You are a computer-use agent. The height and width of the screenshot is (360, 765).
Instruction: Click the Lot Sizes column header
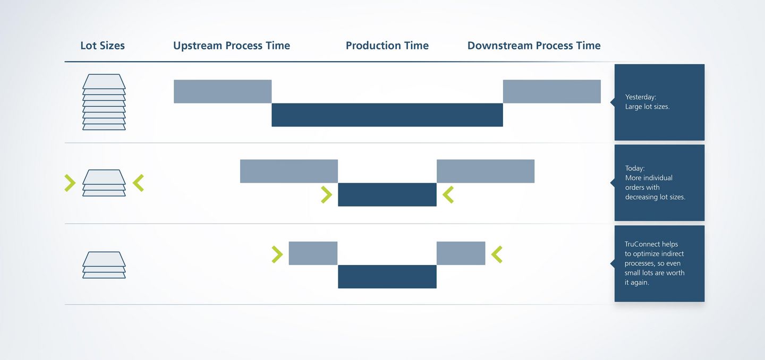pyautogui.click(x=103, y=45)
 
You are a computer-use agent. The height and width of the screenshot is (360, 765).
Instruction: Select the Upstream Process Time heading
pyautogui.click(x=232, y=45)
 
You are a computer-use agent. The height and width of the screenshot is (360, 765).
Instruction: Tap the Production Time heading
pyautogui.click(x=387, y=45)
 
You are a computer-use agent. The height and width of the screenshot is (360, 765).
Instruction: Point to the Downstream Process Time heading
pyautogui.click(x=534, y=45)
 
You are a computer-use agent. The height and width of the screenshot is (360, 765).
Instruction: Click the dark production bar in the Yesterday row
pyautogui.click(x=387, y=115)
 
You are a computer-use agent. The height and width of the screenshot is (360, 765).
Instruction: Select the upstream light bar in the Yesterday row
pyautogui.click(x=223, y=91)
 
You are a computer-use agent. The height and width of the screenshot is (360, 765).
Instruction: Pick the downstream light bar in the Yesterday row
pyautogui.click(x=552, y=91)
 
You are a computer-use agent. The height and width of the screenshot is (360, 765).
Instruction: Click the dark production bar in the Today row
pyautogui.click(x=387, y=194)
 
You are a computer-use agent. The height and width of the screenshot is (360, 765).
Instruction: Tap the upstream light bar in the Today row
pyautogui.click(x=289, y=171)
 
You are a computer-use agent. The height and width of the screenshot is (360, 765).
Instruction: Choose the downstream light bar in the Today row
pyautogui.click(x=486, y=171)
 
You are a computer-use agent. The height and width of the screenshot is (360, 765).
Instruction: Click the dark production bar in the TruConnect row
pyautogui.click(x=387, y=277)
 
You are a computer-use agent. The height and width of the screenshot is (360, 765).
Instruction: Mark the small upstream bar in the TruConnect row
pyautogui.click(x=313, y=253)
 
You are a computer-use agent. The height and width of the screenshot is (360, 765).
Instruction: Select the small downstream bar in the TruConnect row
pyautogui.click(x=461, y=253)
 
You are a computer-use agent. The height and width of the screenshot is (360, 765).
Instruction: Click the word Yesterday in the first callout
pyautogui.click(x=640, y=97)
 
